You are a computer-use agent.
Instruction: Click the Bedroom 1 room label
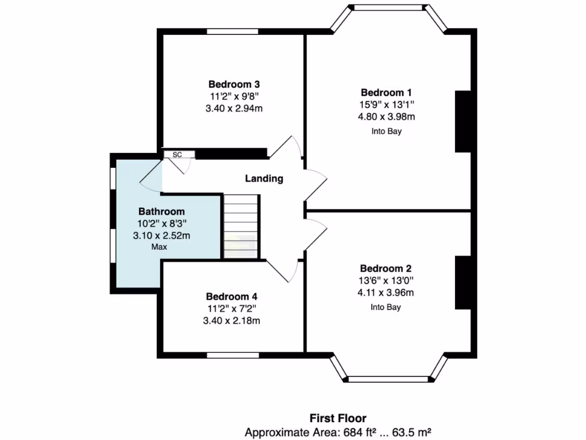pos(386,92)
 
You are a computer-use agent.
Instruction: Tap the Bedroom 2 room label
pos(386,268)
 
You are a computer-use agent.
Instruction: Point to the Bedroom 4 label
pos(232,296)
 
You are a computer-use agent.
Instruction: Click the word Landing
pos(264,178)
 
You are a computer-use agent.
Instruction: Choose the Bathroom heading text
pos(161,211)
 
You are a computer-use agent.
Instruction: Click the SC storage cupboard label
pos(177,155)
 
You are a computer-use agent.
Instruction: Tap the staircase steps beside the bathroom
pos(240,226)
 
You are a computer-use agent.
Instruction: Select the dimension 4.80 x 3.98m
pos(386,117)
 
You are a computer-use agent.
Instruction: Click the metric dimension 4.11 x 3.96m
pos(386,293)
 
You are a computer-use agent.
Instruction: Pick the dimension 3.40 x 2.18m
pos(232,321)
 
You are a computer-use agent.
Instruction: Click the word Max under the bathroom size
pos(159,247)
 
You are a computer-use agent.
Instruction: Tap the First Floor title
pos(338,418)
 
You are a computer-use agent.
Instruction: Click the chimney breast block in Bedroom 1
pos(462,121)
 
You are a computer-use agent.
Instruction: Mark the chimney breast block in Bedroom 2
pos(462,283)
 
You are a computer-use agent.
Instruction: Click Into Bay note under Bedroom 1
pos(386,131)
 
